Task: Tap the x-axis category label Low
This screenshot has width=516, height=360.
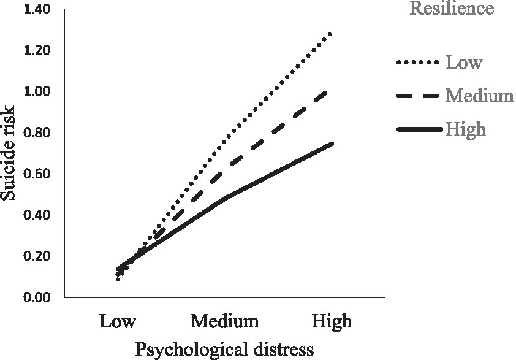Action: (118, 321)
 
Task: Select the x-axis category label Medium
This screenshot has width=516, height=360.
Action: (224, 321)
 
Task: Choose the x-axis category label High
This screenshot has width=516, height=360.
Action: (332, 321)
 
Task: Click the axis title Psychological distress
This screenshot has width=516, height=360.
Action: (224, 349)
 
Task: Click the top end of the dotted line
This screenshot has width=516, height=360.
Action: (332, 32)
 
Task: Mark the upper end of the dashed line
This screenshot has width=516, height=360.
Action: (332, 90)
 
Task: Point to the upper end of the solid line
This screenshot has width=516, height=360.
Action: (332, 144)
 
